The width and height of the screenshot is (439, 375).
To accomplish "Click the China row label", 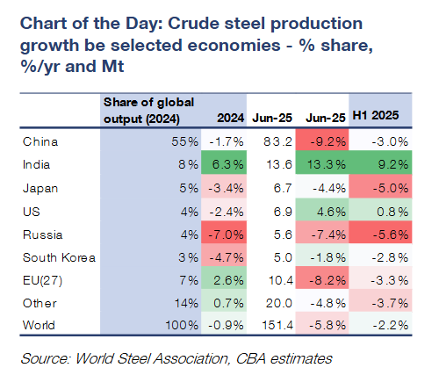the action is point(40,141).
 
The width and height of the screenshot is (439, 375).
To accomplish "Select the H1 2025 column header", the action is point(376,115).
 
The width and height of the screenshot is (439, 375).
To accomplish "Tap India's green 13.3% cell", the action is point(322,162).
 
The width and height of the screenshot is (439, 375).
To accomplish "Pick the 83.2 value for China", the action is point(277,141).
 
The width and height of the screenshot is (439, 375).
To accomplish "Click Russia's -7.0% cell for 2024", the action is point(224,233).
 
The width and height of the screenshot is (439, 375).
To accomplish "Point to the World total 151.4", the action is point(277,325).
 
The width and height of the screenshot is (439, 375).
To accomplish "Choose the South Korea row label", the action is point(59,257).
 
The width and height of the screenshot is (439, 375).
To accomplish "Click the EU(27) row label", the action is point(42,280).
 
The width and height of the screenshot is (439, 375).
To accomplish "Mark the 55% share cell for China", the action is point(184,141).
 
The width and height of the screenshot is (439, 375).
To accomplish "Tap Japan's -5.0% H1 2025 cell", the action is point(380,187).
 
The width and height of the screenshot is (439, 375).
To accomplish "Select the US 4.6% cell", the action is point(322,210).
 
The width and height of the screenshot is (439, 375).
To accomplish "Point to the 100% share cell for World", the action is point(182,325).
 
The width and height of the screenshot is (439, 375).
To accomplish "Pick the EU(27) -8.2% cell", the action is point(322,278).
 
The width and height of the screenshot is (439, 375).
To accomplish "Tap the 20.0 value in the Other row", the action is point(279,303).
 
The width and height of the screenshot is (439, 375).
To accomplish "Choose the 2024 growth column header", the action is point(230,118).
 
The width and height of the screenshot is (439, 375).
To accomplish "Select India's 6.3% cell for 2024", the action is point(224,162).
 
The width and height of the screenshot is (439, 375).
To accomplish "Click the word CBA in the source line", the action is point(250,358).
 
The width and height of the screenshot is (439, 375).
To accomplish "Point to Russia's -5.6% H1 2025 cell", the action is point(380,233).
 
